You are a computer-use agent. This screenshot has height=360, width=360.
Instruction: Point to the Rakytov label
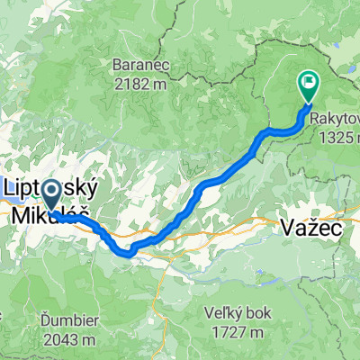335,117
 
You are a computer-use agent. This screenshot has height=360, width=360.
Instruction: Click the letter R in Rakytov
315,117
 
